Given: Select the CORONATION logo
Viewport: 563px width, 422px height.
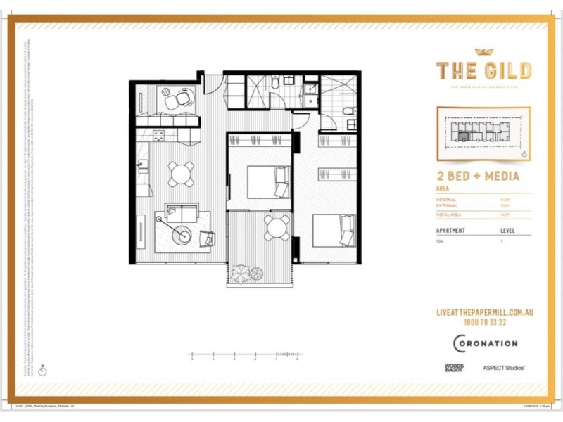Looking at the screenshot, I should pos(485,343).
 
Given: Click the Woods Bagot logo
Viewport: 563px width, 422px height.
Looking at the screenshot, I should pos(454,367).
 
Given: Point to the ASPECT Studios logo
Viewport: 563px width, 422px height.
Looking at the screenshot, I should pos(504,367).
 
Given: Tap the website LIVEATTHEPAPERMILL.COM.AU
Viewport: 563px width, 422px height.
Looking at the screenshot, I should pos(483,312).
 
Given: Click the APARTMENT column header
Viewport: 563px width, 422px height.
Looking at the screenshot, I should pos(451,230).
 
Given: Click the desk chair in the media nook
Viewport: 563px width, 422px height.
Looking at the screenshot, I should pos(182,99).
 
